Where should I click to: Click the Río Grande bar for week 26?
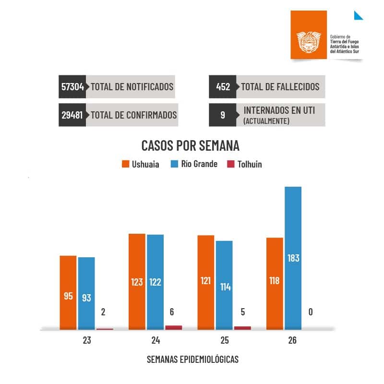(293, 258)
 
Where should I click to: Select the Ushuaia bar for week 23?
(68, 292)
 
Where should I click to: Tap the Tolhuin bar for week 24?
(173, 327)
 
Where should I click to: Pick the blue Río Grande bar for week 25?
(224, 285)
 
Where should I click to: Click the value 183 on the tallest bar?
(293, 258)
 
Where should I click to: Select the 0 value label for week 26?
(311, 312)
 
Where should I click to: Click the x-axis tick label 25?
(224, 341)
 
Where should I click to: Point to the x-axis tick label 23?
(86, 341)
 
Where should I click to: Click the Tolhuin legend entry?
(244, 164)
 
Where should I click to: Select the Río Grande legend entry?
(194, 164)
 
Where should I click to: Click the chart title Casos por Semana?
(190, 145)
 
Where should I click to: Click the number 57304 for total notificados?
(72, 87)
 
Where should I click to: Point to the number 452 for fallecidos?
(223, 87)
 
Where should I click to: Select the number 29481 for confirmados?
(72, 115)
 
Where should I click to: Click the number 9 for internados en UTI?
(223, 115)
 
